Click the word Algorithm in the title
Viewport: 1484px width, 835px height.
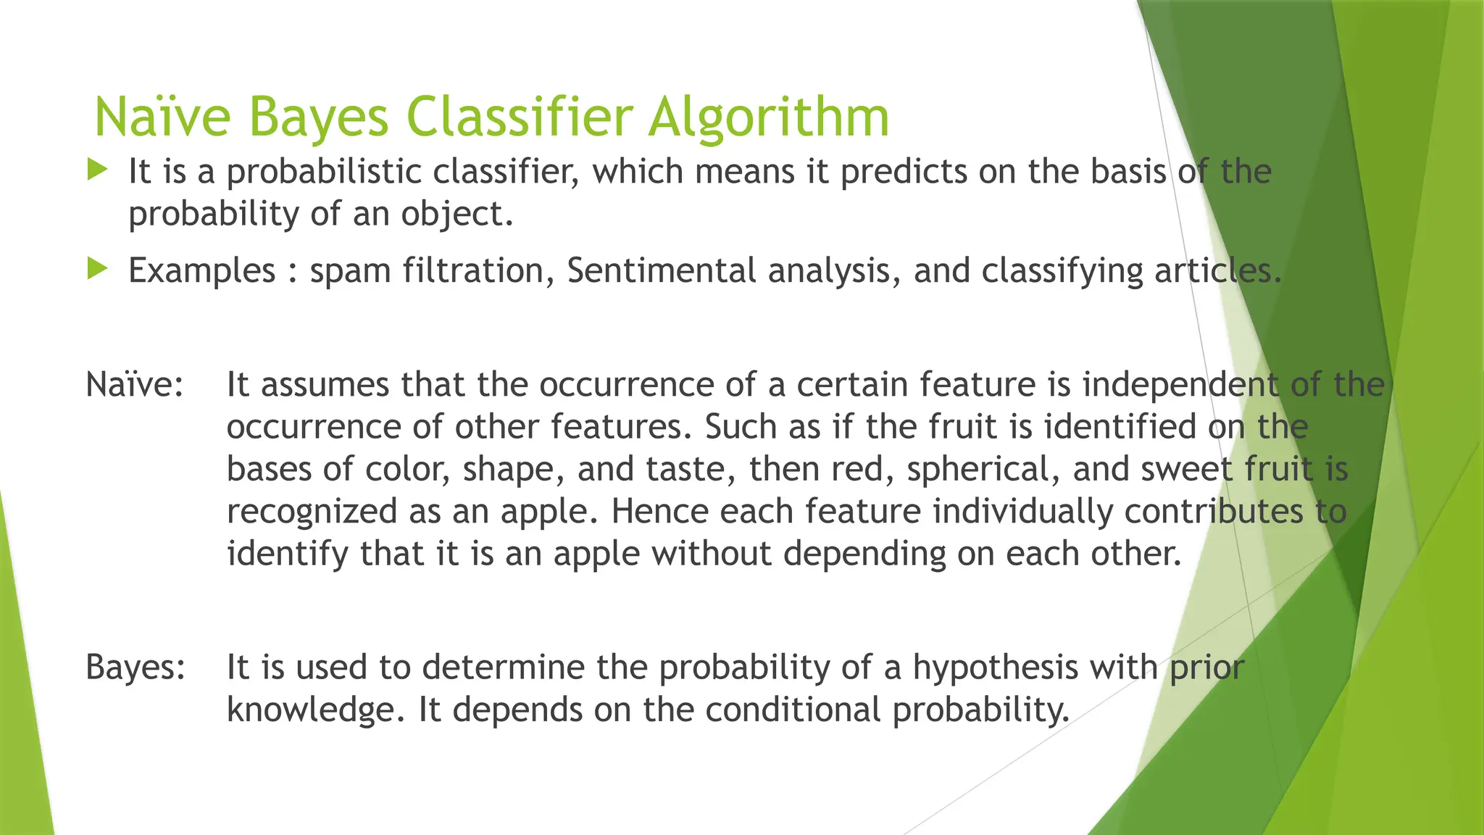768,117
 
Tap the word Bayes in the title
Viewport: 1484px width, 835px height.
318,117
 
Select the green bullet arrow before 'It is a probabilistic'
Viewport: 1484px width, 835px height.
97,170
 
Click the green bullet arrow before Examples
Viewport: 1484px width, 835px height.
97,270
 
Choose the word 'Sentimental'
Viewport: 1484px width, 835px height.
661,271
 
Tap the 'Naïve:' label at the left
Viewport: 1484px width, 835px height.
135,384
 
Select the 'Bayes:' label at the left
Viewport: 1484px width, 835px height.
136,667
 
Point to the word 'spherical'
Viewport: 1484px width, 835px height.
983,470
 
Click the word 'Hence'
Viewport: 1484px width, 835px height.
659,511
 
